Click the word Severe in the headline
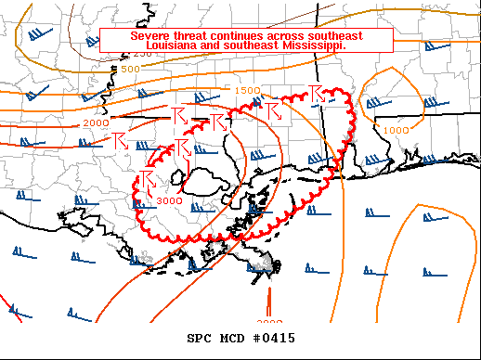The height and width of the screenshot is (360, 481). [149, 35]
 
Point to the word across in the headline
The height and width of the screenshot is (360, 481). [294, 35]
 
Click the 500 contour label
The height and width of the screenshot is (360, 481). [130, 69]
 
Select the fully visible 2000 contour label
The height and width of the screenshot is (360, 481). [95, 122]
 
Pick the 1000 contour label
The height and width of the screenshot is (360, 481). [396, 130]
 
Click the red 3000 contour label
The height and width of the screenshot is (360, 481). [169, 200]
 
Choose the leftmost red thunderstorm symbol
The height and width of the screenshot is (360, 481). [119, 141]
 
